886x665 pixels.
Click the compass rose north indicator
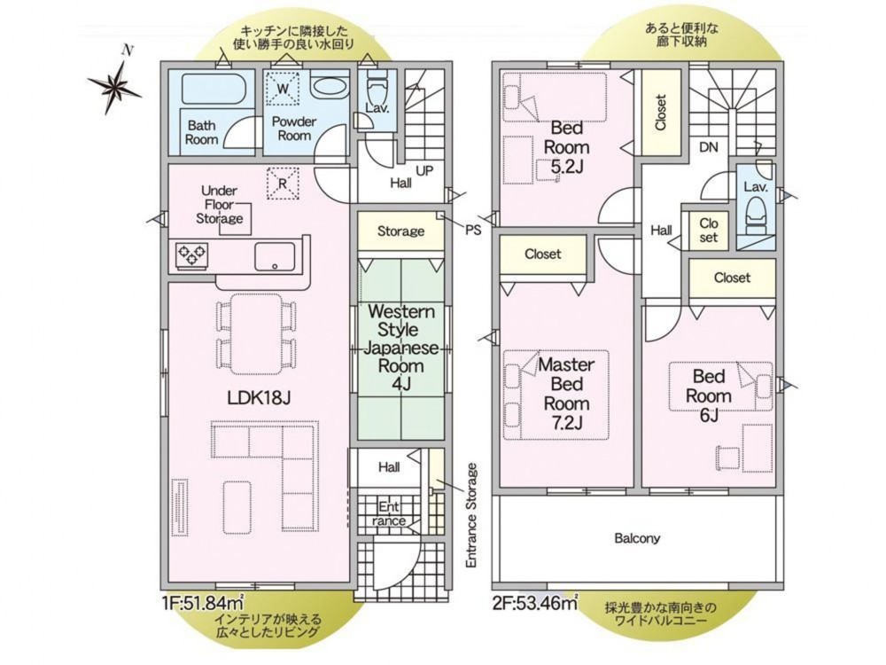116,85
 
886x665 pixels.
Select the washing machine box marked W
284,89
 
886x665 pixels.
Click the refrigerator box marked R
284,184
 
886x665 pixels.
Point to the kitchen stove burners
192,254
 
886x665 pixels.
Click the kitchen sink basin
275,257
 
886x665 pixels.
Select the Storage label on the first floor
400,231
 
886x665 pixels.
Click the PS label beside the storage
473,231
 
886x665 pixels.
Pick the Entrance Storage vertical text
472,516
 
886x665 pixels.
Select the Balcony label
637,538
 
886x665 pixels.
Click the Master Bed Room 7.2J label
566,393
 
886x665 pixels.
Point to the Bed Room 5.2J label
566,147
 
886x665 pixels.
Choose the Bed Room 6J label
709,395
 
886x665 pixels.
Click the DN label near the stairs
709,147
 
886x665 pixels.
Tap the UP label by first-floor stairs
424,170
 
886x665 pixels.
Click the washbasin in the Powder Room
329,87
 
